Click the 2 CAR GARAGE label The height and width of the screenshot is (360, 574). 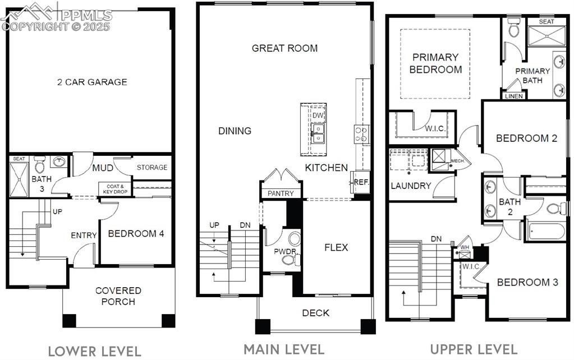coord(92,82)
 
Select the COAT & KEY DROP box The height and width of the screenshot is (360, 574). coord(114,188)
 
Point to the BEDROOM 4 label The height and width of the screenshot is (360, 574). coord(136,234)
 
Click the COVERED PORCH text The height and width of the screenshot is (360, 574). coord(118,296)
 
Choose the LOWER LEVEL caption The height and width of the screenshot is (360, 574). coord(94,351)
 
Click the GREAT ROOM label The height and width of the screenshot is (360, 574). coord(284,48)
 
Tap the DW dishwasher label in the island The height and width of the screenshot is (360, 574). coord(318,116)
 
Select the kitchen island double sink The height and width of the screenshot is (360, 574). coord(318,133)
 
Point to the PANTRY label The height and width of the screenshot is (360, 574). coord(281,193)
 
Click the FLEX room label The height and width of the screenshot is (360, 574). coord(336,247)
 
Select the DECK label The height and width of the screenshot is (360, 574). coord(316,313)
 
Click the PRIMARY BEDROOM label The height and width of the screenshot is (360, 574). coord(435,63)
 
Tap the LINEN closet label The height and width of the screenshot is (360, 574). coord(514,96)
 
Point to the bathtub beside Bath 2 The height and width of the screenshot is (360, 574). coord(546,231)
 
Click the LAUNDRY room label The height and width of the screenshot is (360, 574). coord(411,186)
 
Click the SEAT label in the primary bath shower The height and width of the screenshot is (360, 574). coord(547,22)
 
